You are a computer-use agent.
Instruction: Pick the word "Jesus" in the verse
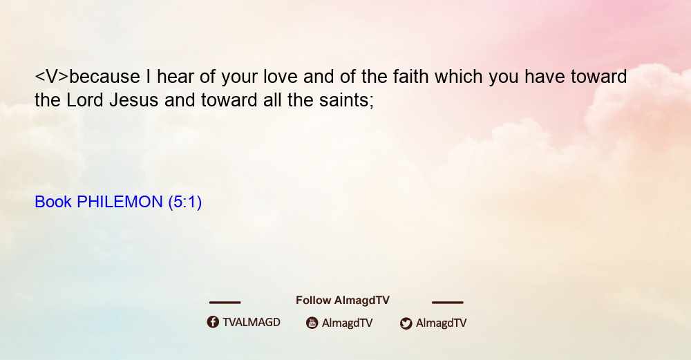(x=134, y=100)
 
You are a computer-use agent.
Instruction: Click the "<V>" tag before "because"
(x=52, y=77)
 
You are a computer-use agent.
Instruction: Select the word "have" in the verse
(x=545, y=77)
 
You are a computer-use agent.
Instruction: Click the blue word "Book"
(x=53, y=202)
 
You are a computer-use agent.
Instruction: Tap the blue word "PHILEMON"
(x=120, y=202)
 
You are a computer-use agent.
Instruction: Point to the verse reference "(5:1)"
(x=185, y=202)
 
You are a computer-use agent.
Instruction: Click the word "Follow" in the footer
(x=313, y=301)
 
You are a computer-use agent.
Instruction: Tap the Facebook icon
(x=213, y=322)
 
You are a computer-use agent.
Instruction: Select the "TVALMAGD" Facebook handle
(x=252, y=322)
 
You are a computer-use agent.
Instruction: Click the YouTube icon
(x=312, y=323)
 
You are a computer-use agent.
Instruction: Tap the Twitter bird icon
(x=406, y=323)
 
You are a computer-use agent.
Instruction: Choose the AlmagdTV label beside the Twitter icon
(x=441, y=323)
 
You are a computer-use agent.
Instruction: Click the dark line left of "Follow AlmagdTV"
(x=225, y=303)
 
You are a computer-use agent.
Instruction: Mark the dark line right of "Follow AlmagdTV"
(x=448, y=303)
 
